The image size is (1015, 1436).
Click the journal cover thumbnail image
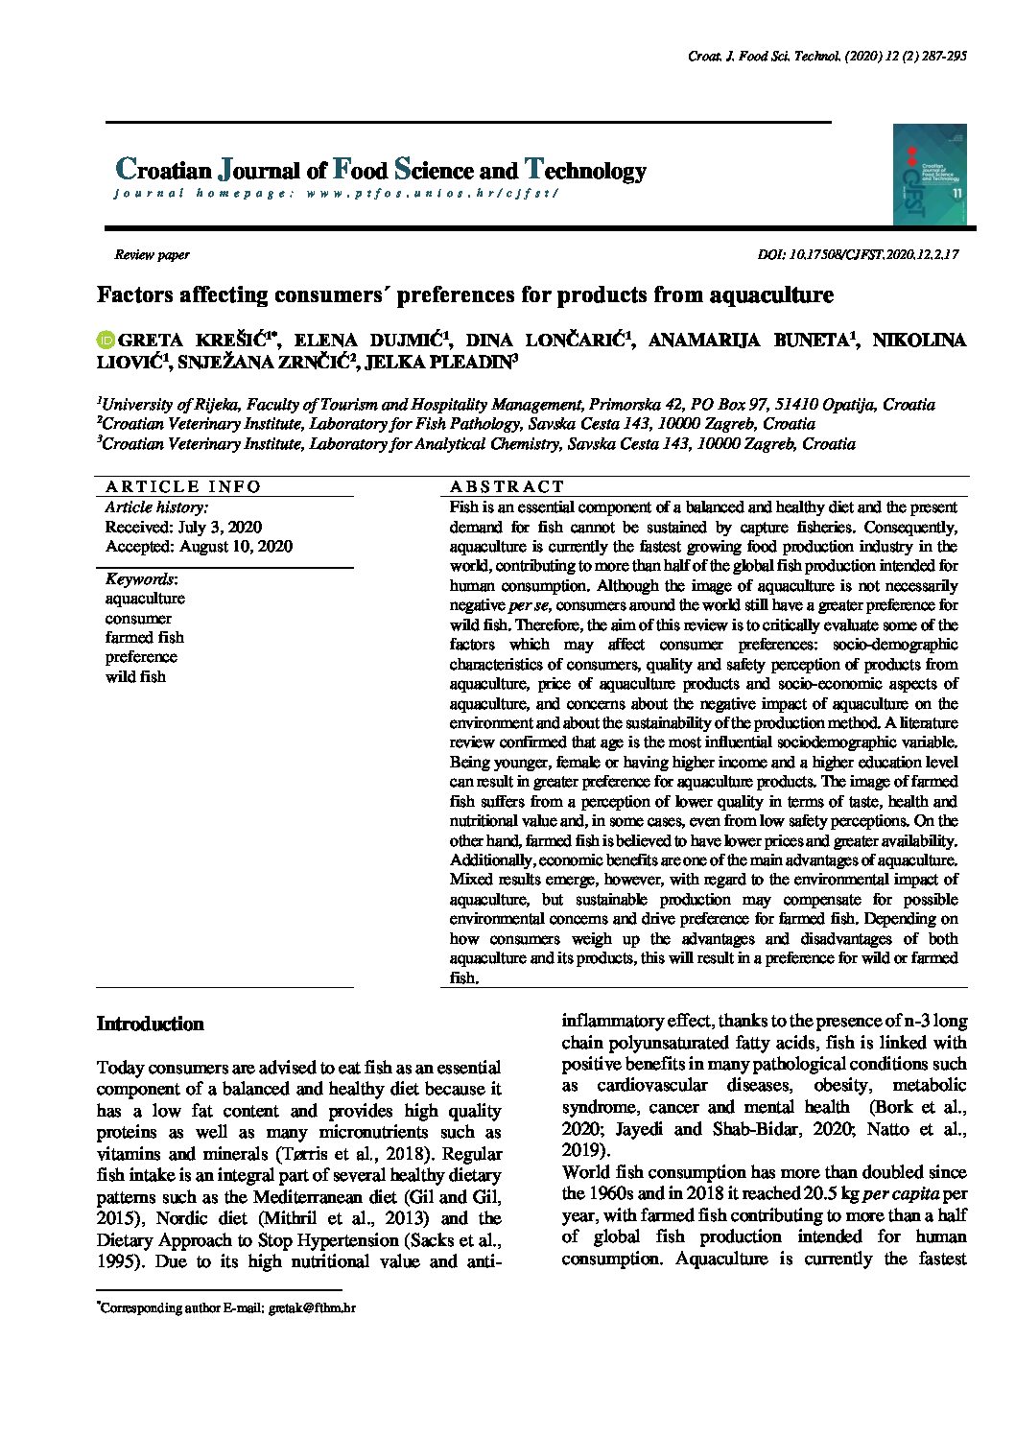(x=930, y=175)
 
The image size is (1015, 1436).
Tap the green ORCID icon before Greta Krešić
(x=106, y=340)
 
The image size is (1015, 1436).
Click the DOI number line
(x=858, y=255)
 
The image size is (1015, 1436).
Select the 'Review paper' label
(x=152, y=255)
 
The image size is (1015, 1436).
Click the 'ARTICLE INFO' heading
(x=182, y=486)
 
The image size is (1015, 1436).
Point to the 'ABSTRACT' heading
(x=507, y=486)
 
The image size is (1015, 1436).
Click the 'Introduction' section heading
(x=150, y=1024)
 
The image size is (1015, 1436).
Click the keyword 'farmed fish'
(x=144, y=637)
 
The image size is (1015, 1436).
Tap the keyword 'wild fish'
(x=135, y=676)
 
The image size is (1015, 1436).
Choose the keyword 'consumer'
(x=138, y=618)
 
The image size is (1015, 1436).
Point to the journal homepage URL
(x=432, y=193)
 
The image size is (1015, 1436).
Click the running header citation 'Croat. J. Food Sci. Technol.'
(x=766, y=57)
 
